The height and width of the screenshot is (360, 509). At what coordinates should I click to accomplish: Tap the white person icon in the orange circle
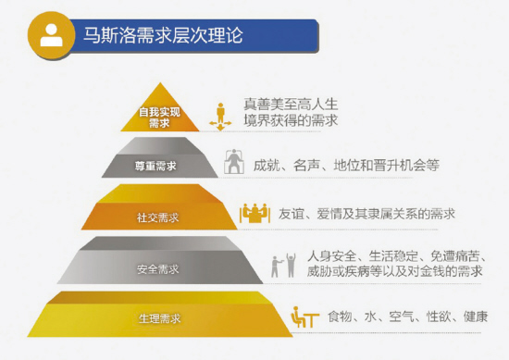pos(51,36)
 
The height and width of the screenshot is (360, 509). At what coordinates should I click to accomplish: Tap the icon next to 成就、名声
pos(236,164)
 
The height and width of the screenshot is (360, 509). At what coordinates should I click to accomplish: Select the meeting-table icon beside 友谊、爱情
pos(253,214)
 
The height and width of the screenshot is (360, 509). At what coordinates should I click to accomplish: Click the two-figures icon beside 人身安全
pos(281,265)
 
